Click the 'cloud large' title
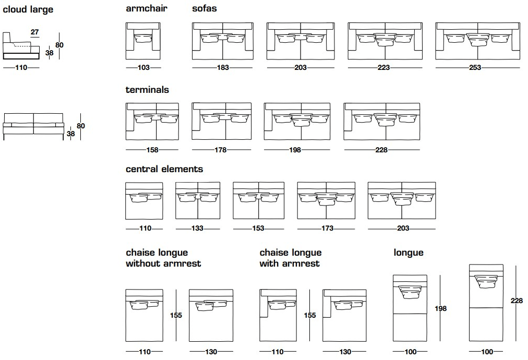[x=28, y=10]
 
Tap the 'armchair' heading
[x=147, y=9]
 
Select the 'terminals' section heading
[x=147, y=90]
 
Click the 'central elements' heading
[x=164, y=170]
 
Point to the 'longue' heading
[x=409, y=253]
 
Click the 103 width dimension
[x=144, y=67]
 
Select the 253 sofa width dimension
[x=475, y=67]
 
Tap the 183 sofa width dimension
[x=223, y=67]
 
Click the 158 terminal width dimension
[x=152, y=150]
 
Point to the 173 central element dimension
[x=326, y=229]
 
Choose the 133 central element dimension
[x=198, y=229]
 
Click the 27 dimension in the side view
[x=35, y=32]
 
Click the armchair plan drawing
[x=144, y=41]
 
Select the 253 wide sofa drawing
[x=477, y=41]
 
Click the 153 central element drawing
[x=258, y=200]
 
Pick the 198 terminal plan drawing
[x=297, y=121]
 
